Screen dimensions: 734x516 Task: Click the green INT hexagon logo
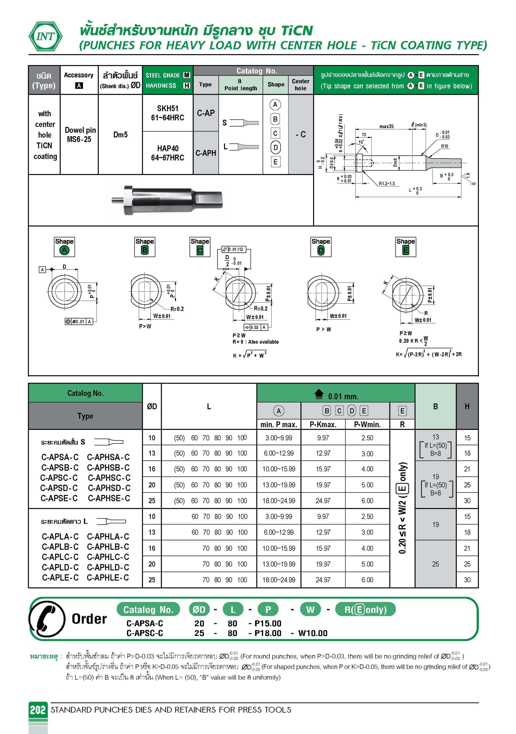pyautogui.click(x=45, y=36)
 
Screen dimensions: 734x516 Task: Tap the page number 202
pyautogui.click(x=38, y=710)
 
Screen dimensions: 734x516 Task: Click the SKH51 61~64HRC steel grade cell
pyautogui.click(x=167, y=113)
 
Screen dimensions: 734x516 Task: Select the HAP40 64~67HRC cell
pyautogui.click(x=167, y=153)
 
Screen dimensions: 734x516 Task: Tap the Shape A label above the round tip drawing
pyautogui.click(x=64, y=246)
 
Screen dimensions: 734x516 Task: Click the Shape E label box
pyautogui.click(x=405, y=246)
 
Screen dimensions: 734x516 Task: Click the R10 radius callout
pyautogui.click(x=444, y=146)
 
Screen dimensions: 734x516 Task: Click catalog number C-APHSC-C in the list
pyautogui.click(x=109, y=478)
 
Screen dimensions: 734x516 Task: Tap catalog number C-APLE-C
pyautogui.click(x=60, y=578)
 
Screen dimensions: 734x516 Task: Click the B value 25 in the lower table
pyautogui.click(x=435, y=564)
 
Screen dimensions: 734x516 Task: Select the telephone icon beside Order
pyautogui.click(x=47, y=619)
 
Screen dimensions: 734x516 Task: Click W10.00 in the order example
pyautogui.click(x=313, y=633)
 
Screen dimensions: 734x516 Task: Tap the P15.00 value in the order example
pyautogui.click(x=268, y=623)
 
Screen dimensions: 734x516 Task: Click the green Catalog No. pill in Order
pyautogui.click(x=148, y=609)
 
